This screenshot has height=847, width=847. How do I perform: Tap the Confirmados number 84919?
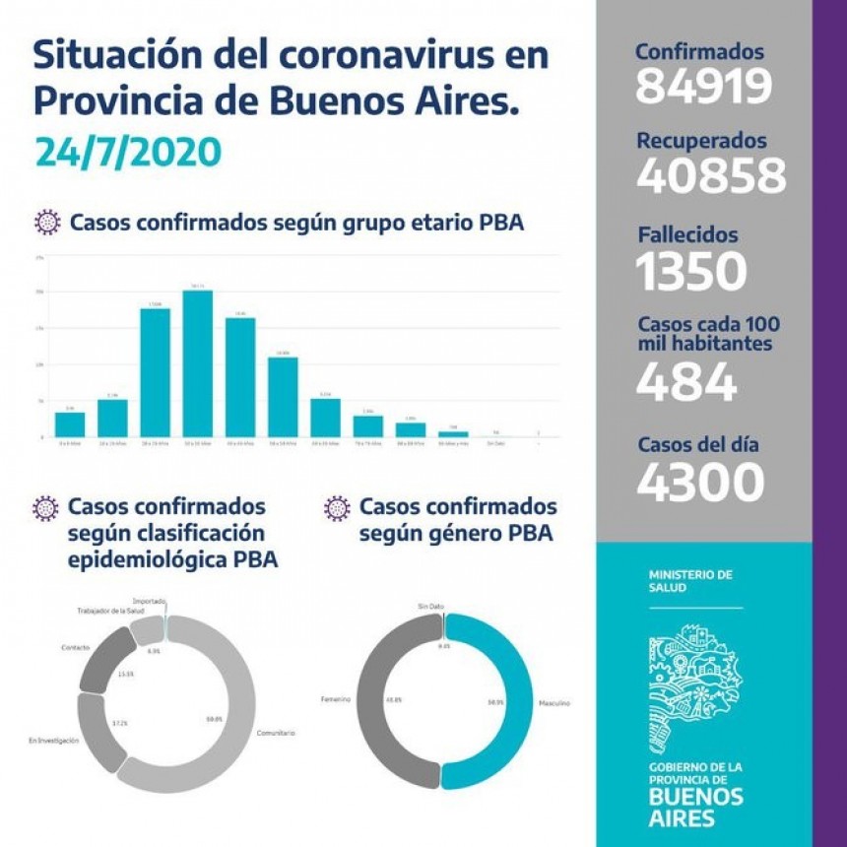click(702, 87)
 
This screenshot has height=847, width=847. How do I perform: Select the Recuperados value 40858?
click(711, 176)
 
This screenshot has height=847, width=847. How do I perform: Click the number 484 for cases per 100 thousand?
click(685, 382)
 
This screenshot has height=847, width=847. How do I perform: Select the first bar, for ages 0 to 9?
click(70, 423)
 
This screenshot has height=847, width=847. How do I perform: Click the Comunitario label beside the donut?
click(275, 733)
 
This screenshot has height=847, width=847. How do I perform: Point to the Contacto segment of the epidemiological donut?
click(102, 661)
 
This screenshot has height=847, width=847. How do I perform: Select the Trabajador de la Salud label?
click(111, 612)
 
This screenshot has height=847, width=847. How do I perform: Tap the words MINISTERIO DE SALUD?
click(690, 580)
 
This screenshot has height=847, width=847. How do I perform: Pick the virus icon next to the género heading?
click(337, 508)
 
